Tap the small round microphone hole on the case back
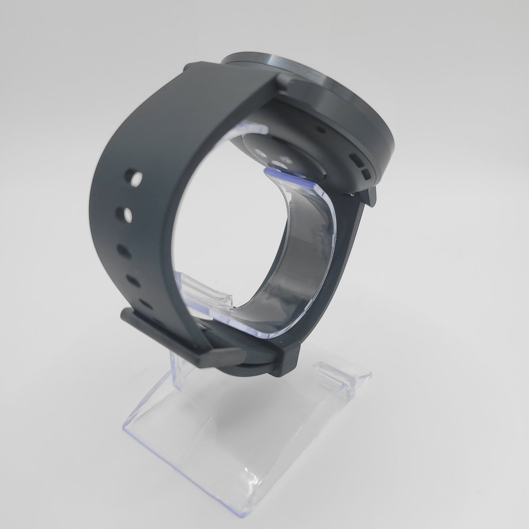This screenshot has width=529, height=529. click(321, 129)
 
